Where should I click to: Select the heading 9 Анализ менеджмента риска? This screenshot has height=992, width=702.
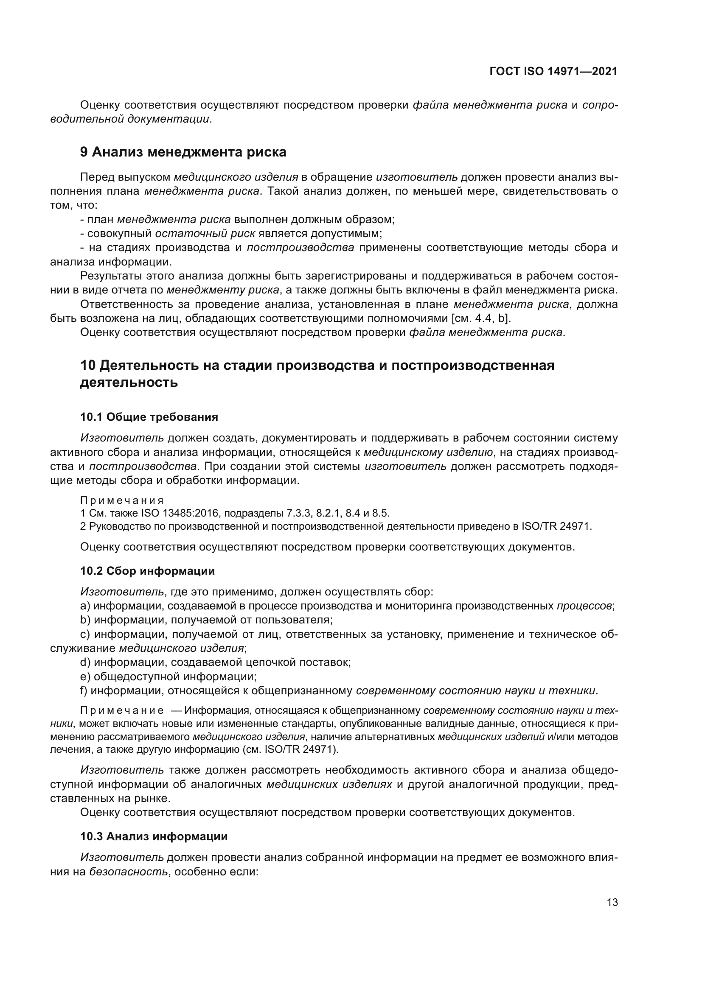[x=183, y=152]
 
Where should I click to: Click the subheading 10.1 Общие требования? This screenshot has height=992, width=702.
[x=149, y=417]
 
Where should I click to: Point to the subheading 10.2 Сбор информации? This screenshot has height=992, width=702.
[x=147, y=571]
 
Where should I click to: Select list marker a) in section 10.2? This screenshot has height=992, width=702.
[x=85, y=606]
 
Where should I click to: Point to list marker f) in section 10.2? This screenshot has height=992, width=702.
[x=84, y=690]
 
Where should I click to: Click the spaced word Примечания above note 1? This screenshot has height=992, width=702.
[x=122, y=500]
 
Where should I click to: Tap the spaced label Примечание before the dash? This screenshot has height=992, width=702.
[x=122, y=711]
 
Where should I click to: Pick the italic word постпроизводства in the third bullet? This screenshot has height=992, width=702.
[x=300, y=248]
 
